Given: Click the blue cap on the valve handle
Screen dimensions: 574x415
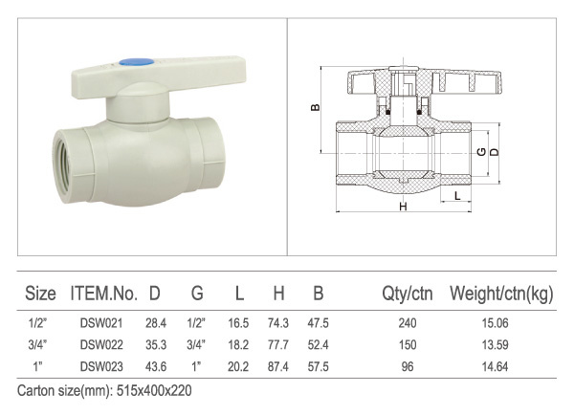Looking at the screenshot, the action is tap(137, 62).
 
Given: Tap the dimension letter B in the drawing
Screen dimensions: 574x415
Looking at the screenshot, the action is tap(315, 107).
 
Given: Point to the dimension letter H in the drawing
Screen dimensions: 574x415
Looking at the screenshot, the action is tap(403, 207).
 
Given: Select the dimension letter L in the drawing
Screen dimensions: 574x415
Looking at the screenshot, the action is tap(457, 196).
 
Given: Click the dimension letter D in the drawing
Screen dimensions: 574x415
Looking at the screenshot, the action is tap(495, 151).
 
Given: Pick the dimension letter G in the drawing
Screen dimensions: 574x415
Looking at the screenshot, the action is tap(482, 151).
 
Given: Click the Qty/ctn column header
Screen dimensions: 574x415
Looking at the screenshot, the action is tap(408, 294).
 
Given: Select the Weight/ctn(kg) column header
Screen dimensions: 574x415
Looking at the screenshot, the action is tap(501, 294).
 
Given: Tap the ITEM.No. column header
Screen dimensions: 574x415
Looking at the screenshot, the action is tap(104, 294).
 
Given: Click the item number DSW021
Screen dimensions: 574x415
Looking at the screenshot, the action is tap(101, 323).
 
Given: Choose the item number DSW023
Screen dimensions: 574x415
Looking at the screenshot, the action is tap(101, 366).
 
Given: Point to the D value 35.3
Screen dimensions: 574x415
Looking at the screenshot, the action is tap(156, 345).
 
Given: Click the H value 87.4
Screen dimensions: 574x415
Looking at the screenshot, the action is tap(278, 366).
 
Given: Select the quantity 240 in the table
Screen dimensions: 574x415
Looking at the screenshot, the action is tap(408, 323).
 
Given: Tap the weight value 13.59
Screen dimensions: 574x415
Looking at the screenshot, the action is tap(495, 345).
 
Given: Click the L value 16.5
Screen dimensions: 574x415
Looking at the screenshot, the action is tap(238, 323).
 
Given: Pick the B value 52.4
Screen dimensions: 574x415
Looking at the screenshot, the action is tap(319, 345).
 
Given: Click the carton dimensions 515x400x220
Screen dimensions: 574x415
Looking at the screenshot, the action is tap(154, 391).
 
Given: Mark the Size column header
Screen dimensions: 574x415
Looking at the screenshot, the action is tap(40, 294).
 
